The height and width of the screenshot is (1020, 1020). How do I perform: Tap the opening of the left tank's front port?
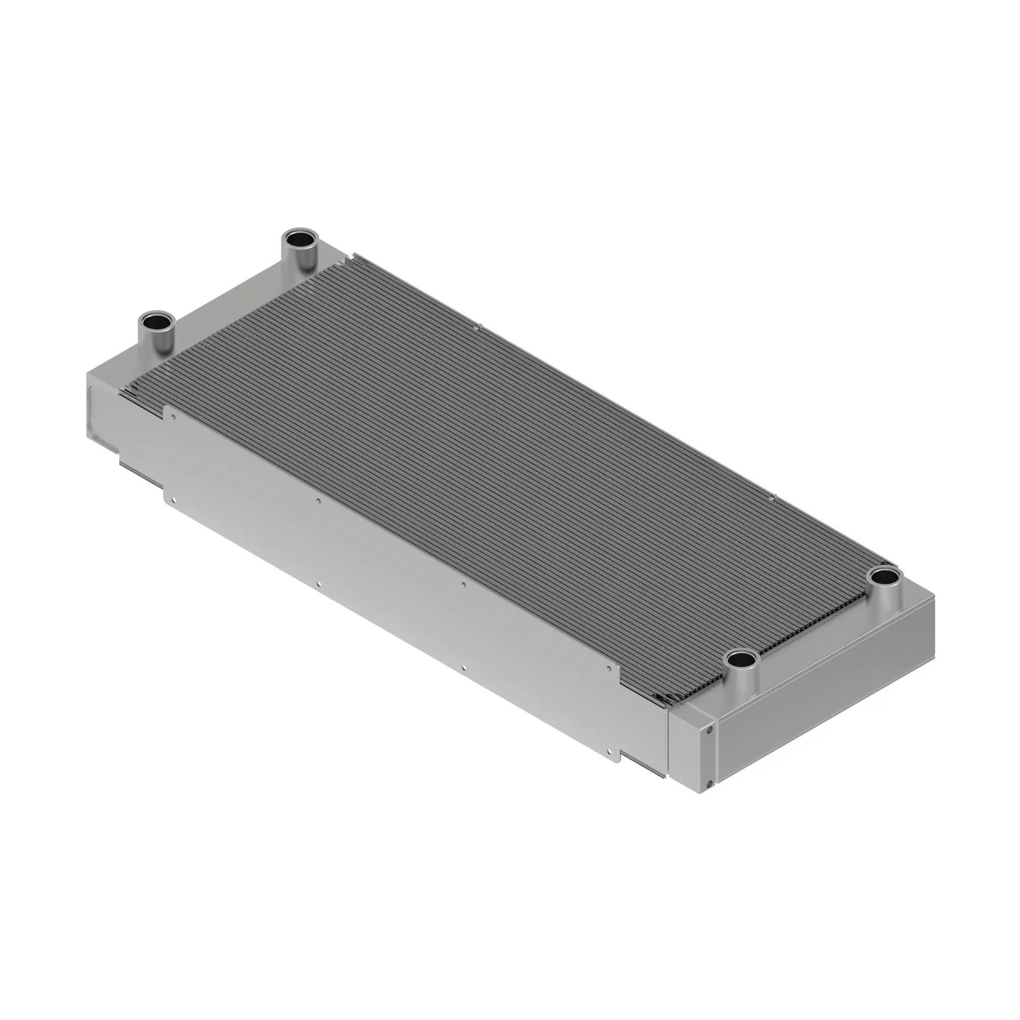click(x=156, y=320)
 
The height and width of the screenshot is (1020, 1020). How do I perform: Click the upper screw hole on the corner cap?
click(x=709, y=730)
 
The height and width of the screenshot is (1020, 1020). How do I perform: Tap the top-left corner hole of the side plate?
click(x=173, y=417)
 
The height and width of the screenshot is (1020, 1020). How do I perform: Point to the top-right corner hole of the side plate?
click(x=609, y=669)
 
